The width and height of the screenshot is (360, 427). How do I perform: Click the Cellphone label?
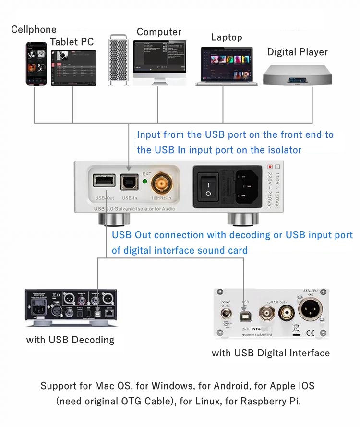pyautogui.click(x=34, y=30)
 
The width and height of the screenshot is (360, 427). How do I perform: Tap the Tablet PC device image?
pyautogui.click(x=73, y=68)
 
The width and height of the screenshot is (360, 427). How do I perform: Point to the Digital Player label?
pyautogui.click(x=297, y=52)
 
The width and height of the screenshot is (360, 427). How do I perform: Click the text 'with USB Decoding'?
pyautogui.click(x=70, y=340)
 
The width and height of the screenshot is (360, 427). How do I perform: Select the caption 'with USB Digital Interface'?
pyautogui.click(x=271, y=353)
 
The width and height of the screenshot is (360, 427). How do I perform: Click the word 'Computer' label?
pyautogui.click(x=159, y=32)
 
